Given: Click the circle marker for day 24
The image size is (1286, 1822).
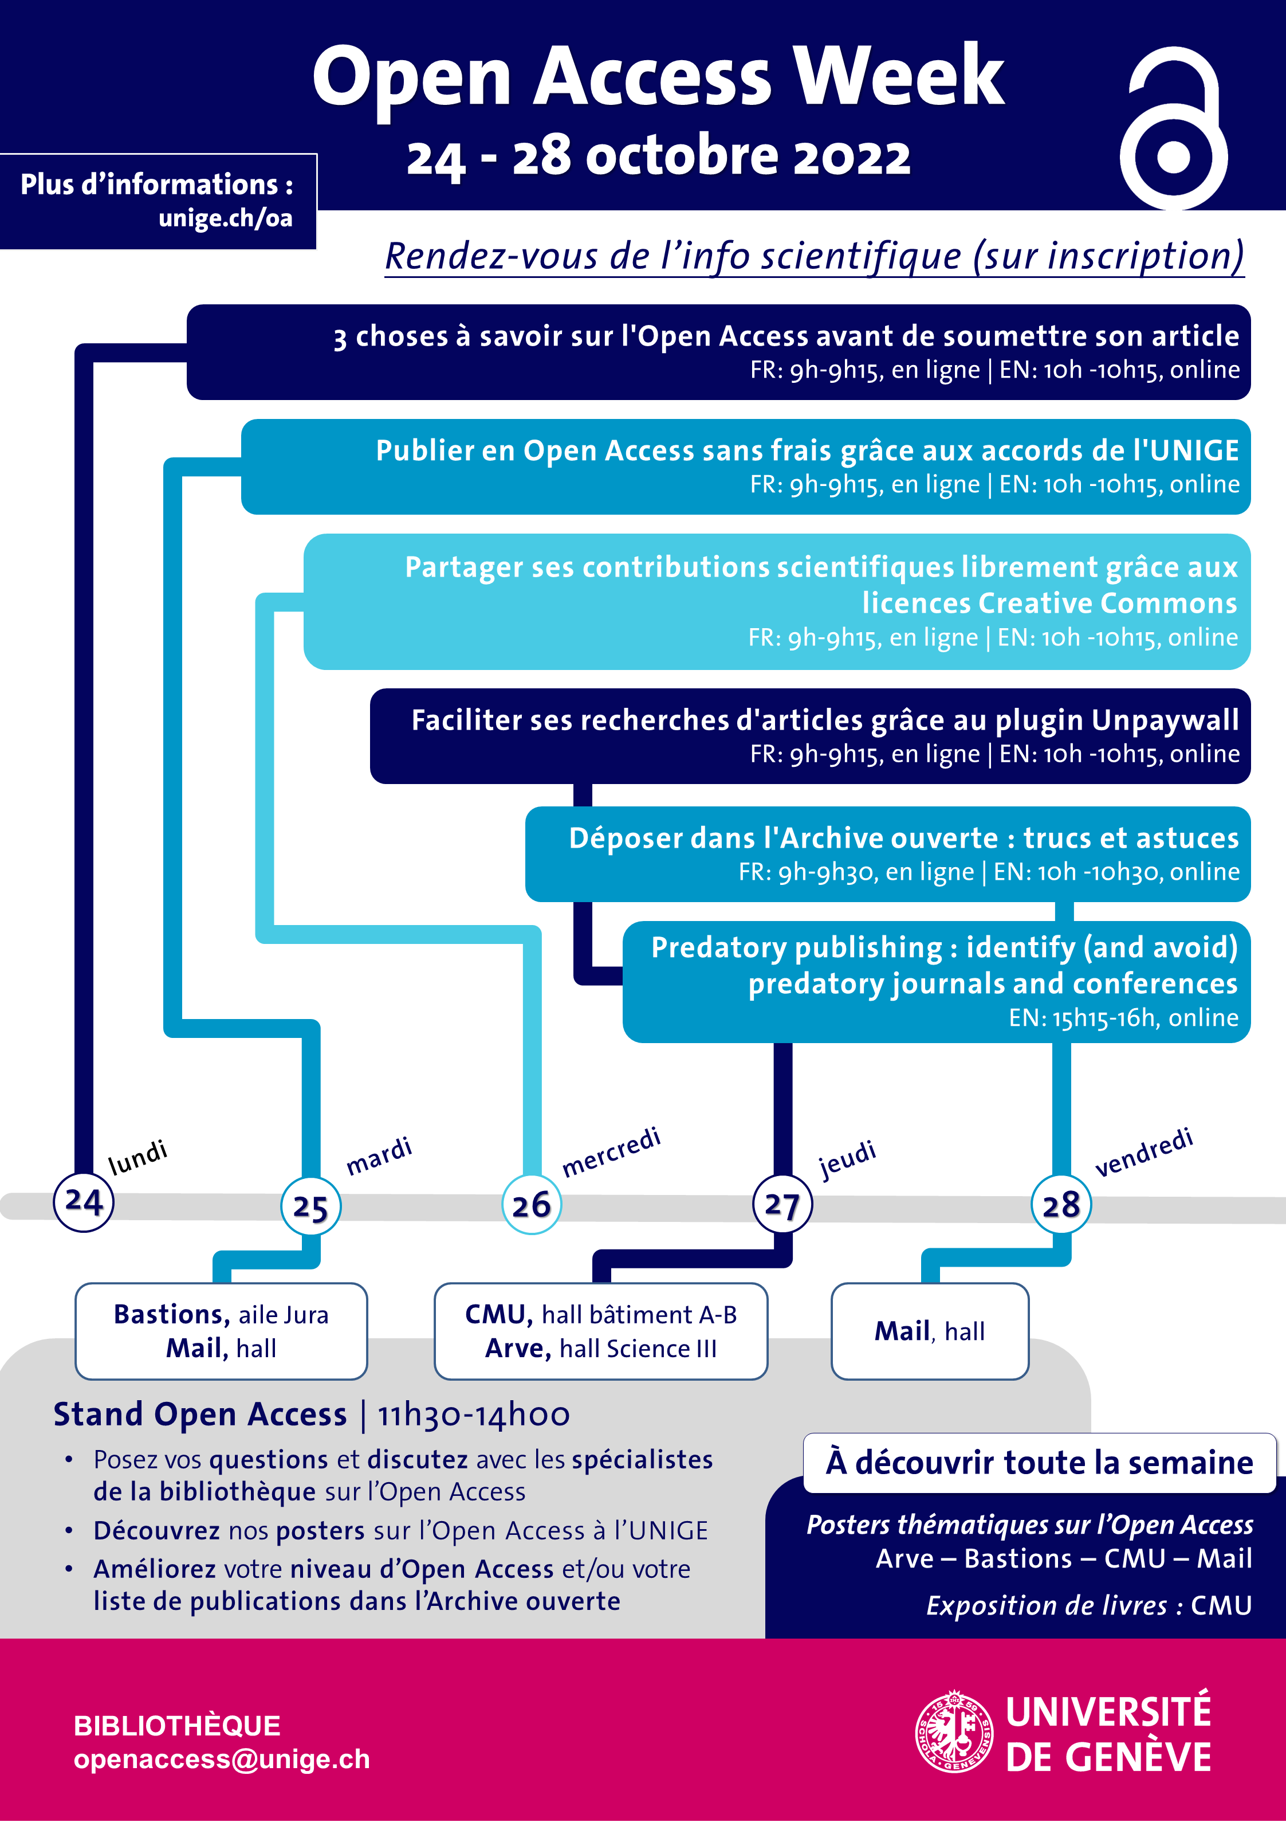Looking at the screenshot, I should tap(83, 1201).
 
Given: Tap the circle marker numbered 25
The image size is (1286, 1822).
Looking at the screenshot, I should tap(310, 1207).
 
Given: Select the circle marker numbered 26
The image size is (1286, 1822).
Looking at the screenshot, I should tap(532, 1205).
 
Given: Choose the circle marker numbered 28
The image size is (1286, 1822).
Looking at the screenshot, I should tap(1061, 1205).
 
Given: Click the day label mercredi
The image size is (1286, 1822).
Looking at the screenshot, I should tap(611, 1151).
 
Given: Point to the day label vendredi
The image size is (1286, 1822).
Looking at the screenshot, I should tap(1143, 1152).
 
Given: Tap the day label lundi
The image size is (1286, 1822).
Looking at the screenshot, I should tap(138, 1157).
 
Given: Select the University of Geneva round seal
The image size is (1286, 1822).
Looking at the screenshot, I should tap(954, 1731).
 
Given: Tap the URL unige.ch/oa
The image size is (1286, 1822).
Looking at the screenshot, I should tap(225, 218).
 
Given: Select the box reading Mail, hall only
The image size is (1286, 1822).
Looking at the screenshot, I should tap(930, 1331).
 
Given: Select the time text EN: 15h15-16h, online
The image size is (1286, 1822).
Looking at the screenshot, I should tap(1123, 1017).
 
